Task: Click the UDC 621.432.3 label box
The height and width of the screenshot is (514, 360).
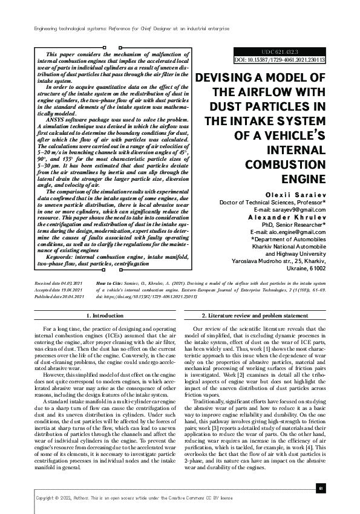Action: [x=279, y=53]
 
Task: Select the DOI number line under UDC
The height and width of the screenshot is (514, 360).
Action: [x=279, y=60]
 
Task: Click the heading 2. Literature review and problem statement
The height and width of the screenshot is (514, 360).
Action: [x=254, y=316]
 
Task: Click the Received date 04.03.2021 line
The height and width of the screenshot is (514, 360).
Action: [x=57, y=282]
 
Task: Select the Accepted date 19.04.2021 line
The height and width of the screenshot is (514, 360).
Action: [x=57, y=289]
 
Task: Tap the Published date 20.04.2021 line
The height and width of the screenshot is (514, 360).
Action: [x=58, y=296]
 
